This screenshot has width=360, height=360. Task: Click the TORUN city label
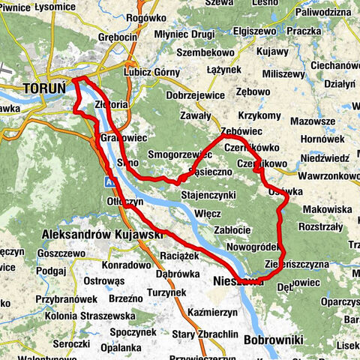39,88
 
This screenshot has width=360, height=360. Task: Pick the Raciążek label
180,255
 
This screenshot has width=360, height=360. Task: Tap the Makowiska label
327,209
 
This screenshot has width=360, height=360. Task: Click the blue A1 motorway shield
109,181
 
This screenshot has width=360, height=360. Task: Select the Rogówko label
145,17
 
